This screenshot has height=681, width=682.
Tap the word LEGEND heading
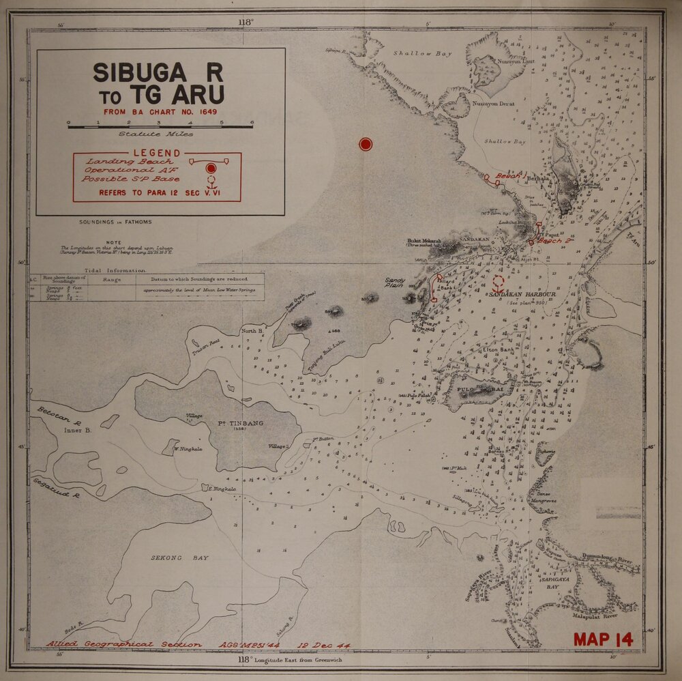click(157, 153)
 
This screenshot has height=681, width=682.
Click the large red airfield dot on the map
click(366, 144)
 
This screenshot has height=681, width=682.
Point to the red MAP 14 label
click(603, 639)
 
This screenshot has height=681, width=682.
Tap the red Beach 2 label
click(552, 241)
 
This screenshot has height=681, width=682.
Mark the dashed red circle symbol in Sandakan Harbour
click(499, 281)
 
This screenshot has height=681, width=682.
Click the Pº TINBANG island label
click(240, 424)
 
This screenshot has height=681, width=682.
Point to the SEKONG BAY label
click(179, 557)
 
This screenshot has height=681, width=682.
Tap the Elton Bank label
click(499, 350)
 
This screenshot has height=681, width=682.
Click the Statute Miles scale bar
click(160, 126)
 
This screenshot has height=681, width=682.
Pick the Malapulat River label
click(597, 614)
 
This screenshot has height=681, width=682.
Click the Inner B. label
click(78, 431)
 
